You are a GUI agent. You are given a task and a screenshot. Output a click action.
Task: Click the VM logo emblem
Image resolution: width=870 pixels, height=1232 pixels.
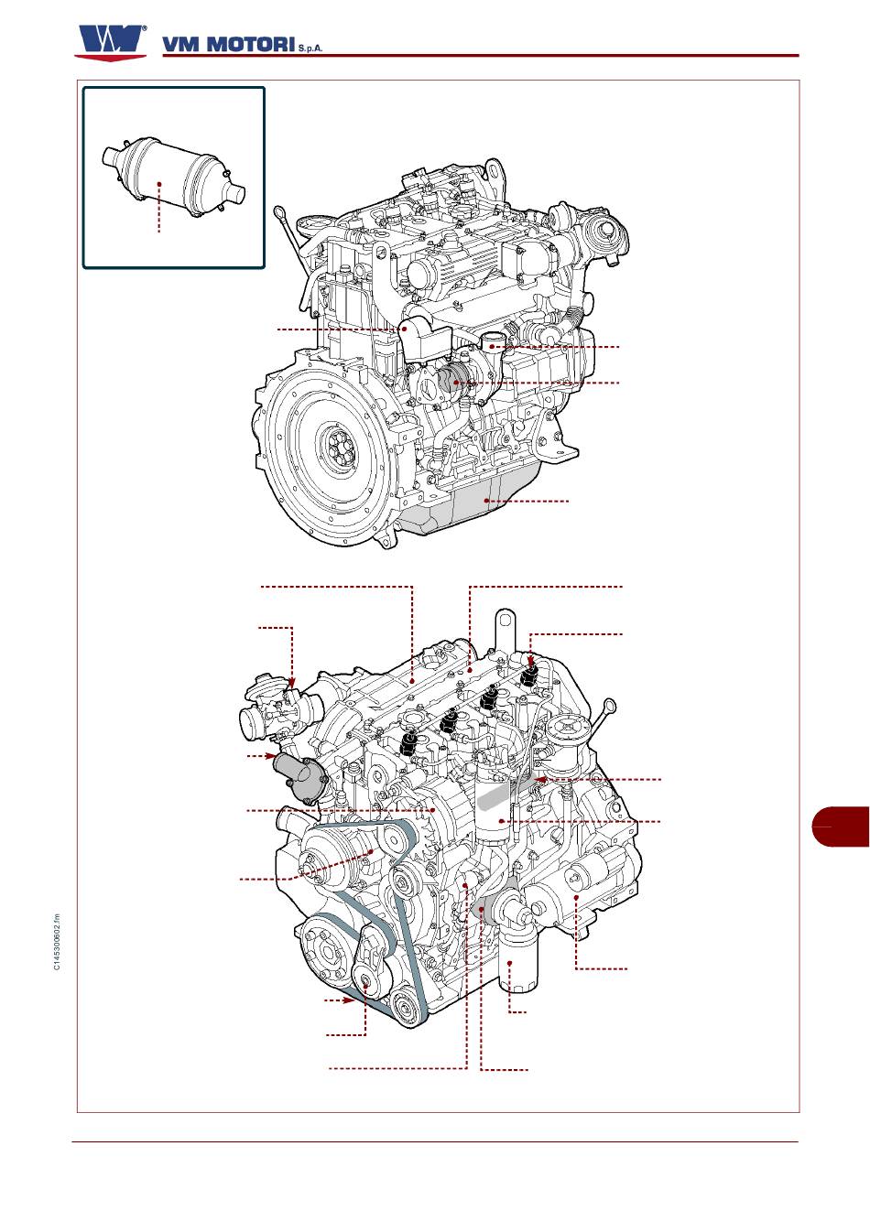pyautogui.click(x=111, y=43)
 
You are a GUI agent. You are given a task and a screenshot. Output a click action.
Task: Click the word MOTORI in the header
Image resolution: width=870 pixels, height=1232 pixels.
pyautogui.click(x=252, y=45)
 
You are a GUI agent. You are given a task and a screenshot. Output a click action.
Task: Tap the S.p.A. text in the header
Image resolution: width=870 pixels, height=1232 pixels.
pyautogui.click(x=310, y=49)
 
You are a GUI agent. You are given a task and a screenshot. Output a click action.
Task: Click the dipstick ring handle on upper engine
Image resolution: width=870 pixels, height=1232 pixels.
pyautogui.click(x=280, y=211)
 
